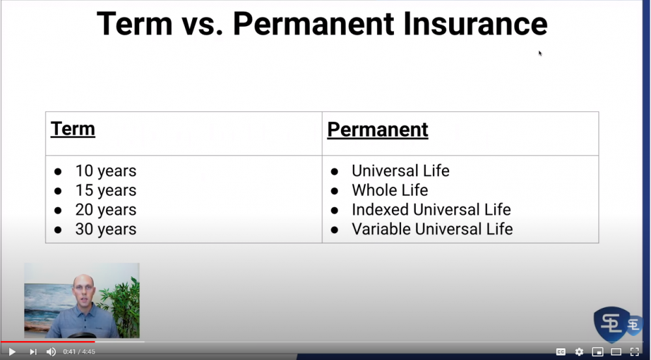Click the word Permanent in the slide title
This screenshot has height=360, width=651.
(x=314, y=24)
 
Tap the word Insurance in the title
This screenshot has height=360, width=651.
(x=475, y=24)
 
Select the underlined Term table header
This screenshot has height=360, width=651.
(x=73, y=129)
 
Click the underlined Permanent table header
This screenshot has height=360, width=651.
(x=378, y=130)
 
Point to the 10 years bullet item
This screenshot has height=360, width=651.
(x=105, y=171)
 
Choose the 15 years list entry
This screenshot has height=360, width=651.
(x=105, y=191)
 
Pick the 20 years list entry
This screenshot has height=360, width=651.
(x=105, y=210)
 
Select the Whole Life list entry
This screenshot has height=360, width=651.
(x=389, y=190)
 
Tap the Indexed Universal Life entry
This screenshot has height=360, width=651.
(x=431, y=210)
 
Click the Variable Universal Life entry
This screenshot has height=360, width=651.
(x=432, y=229)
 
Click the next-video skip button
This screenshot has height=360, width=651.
(x=33, y=352)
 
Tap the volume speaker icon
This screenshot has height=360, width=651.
(x=51, y=352)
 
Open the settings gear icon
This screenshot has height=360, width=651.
(x=579, y=352)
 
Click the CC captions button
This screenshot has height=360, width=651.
(x=561, y=352)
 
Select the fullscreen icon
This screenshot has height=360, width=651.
(x=634, y=352)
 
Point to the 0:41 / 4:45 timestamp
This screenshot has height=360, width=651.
(x=79, y=352)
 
